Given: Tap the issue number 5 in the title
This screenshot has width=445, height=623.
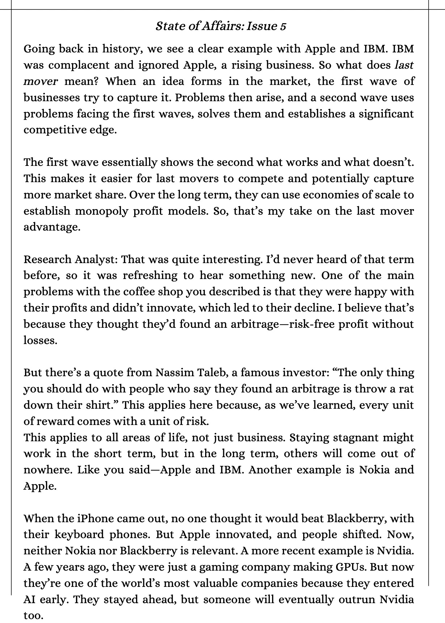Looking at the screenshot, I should tap(283, 26).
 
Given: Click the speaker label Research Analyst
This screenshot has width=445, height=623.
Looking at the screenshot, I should tap(71, 259).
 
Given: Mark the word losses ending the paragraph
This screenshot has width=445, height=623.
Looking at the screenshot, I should tap(40, 340).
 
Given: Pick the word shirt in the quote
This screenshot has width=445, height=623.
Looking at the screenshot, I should tap(103, 405).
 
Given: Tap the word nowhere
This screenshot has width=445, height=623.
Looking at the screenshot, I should tap(47, 470).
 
